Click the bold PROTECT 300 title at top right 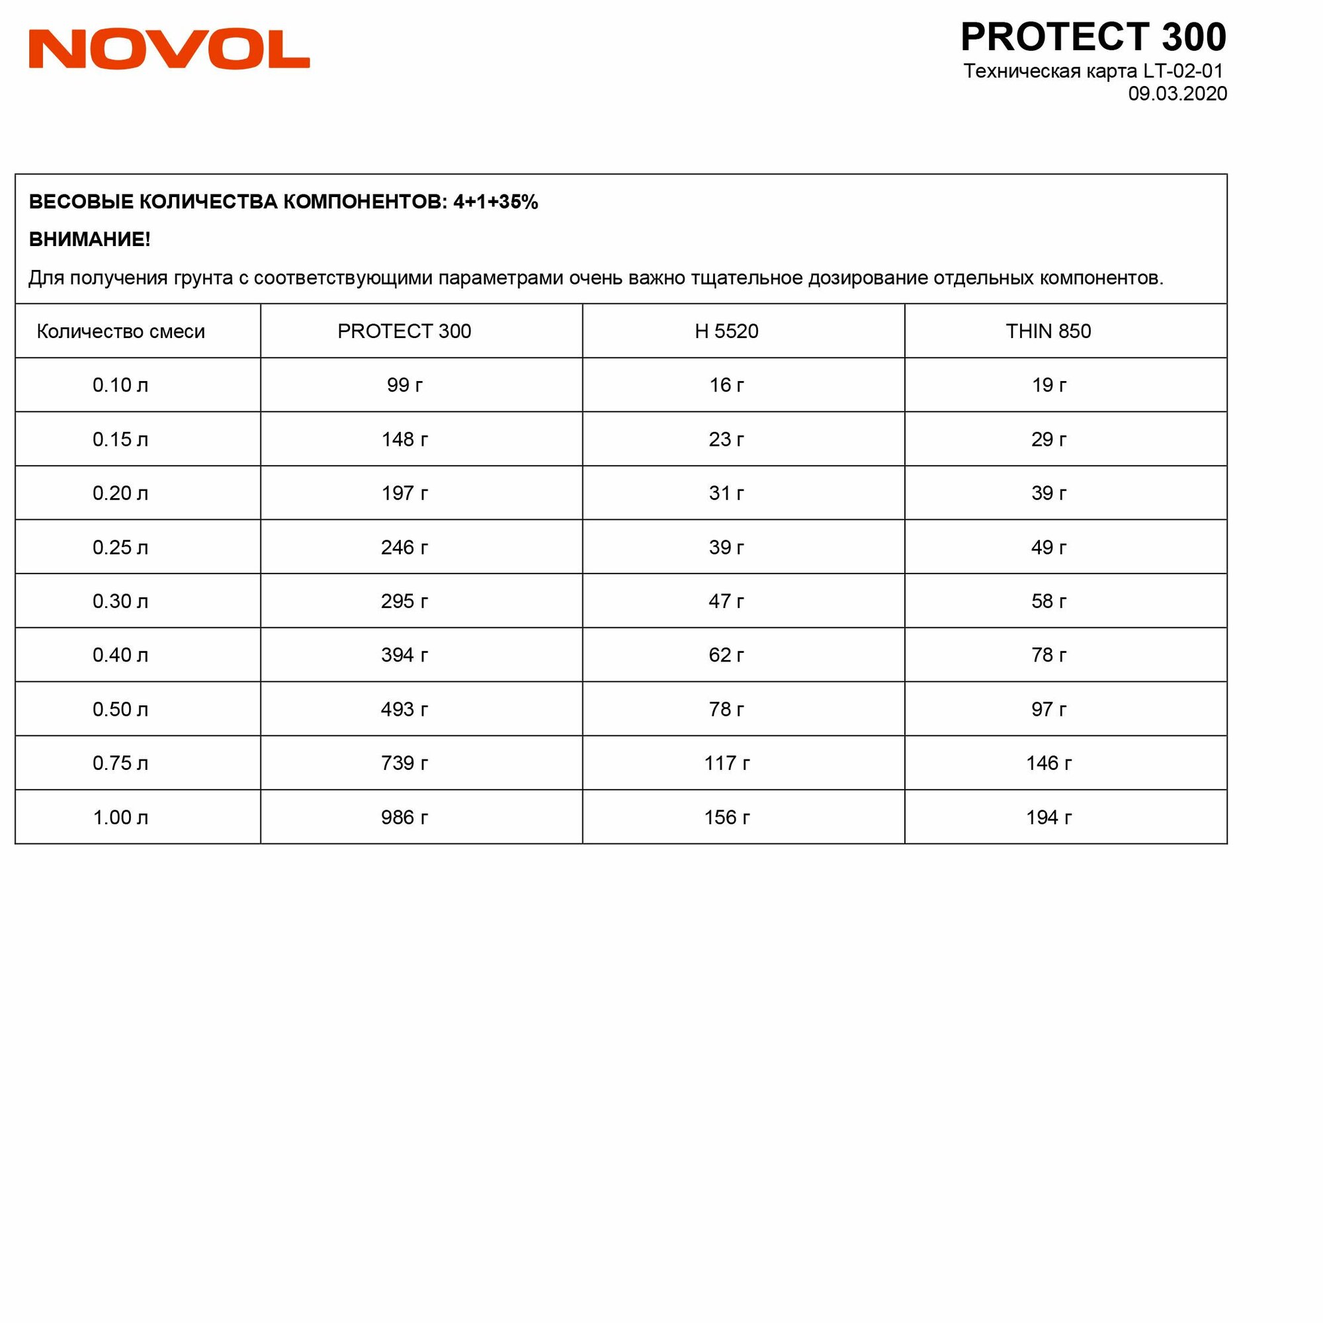coord(1093,37)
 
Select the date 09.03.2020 coord(1177,94)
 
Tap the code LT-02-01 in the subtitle coord(1183,71)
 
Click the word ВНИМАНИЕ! coord(90,239)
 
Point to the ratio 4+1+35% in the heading coord(495,202)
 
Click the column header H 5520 coord(726,331)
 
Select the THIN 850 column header coord(1048,331)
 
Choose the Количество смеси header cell coord(120,331)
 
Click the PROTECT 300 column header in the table coord(404,331)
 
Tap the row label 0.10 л coord(120,385)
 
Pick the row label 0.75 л coord(120,763)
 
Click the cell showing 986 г coord(404,817)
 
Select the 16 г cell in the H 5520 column coord(726,385)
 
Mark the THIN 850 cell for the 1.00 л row coord(1048,817)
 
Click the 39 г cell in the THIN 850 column coord(1048,493)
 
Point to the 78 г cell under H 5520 coord(726,708)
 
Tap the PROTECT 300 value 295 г coord(404,601)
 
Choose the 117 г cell coord(726,763)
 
